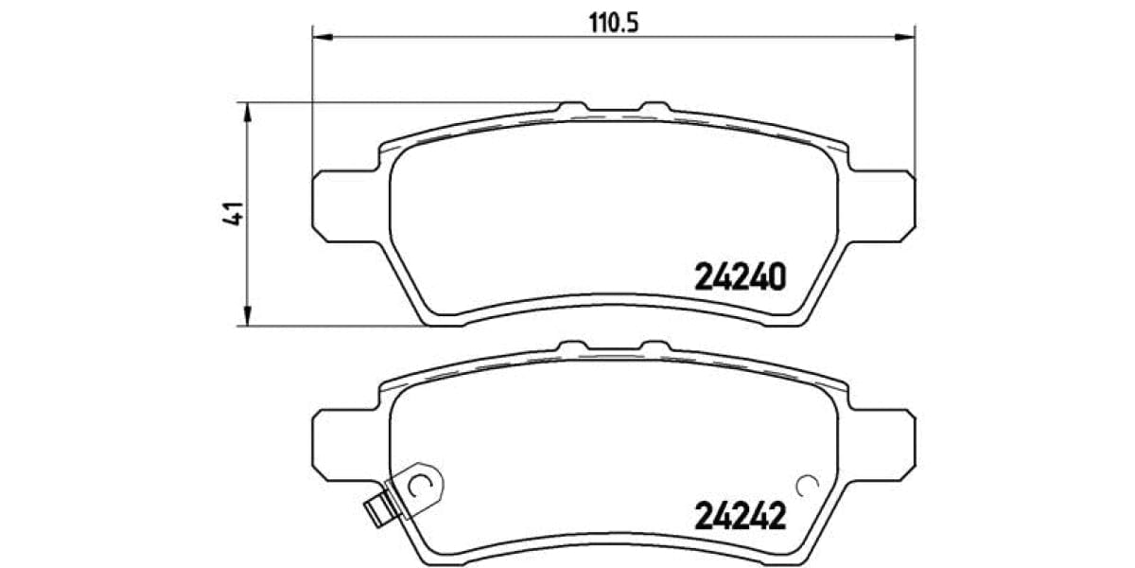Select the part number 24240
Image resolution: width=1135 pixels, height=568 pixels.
[741, 277]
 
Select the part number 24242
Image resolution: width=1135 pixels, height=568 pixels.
[741, 517]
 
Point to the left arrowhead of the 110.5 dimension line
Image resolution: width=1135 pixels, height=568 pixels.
[323, 37]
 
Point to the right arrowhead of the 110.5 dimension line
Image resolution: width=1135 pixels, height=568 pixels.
[905, 37]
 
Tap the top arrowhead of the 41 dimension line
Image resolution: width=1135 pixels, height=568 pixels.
[248, 112]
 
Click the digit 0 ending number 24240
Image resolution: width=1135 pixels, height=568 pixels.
[776, 277]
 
